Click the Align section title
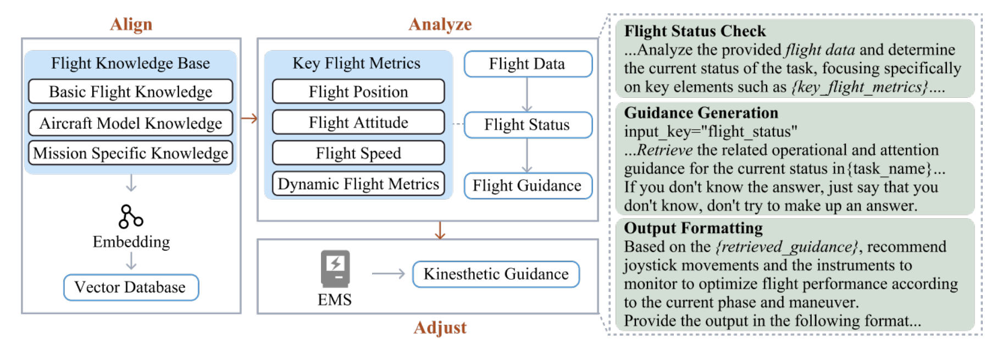pyautogui.click(x=131, y=24)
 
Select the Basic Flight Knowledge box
pyautogui.click(x=131, y=91)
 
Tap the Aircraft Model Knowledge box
pyautogui.click(x=131, y=123)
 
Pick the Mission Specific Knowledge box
pyautogui.click(x=131, y=153)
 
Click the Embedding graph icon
pyautogui.click(x=131, y=217)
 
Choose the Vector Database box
pyautogui.click(x=131, y=287)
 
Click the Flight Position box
pyautogui.click(x=358, y=91)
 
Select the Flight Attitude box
pyautogui.click(x=358, y=122)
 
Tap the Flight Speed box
pyautogui.click(x=358, y=153)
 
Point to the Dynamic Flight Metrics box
pyautogui.click(x=358, y=184)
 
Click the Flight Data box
pyautogui.click(x=528, y=64)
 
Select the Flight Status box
pyautogui.click(x=528, y=125)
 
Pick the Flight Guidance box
pyautogui.click(x=528, y=186)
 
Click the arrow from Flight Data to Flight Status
pyautogui.click(x=527, y=95)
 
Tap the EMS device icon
pyautogui.click(x=335, y=269)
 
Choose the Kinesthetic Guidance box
pyautogui.click(x=496, y=274)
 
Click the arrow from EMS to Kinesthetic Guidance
pyautogui.click(x=389, y=273)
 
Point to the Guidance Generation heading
pyautogui.click(x=701, y=113)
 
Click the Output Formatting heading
pyautogui.click(x=694, y=228)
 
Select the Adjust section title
pyautogui.click(x=440, y=328)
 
